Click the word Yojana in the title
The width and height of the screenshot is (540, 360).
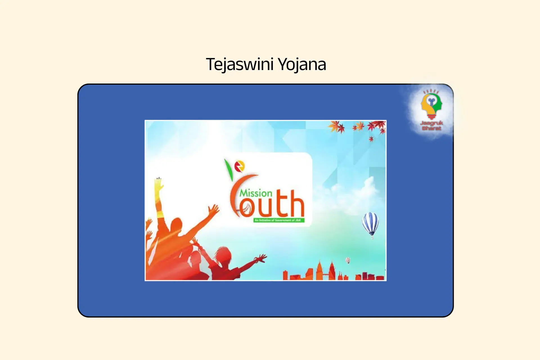(x=302, y=64)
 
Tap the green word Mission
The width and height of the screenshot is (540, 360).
(x=256, y=193)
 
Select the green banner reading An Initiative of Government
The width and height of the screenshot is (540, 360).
(x=278, y=220)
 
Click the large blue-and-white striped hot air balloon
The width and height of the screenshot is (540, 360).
(x=370, y=222)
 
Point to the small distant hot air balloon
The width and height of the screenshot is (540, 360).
(x=348, y=260)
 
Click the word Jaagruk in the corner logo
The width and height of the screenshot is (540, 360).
(x=431, y=123)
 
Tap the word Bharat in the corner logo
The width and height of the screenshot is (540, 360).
(x=431, y=128)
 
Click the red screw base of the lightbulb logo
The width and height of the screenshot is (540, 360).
(x=431, y=116)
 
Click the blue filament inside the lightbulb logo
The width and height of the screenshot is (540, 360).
(x=431, y=101)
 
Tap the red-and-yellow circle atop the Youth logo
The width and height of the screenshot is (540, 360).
(x=239, y=166)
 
